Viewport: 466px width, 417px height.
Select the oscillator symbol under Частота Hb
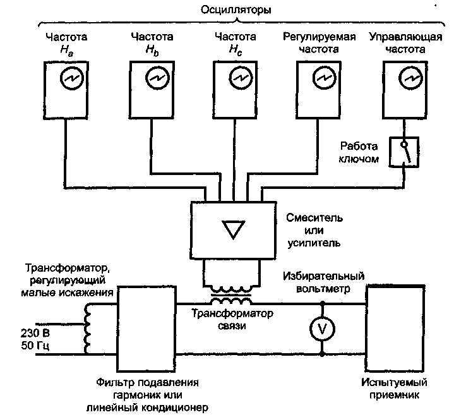tap(155, 78)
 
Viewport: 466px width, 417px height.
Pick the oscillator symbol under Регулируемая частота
tap(323, 78)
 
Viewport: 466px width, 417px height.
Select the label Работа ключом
tap(358, 152)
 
